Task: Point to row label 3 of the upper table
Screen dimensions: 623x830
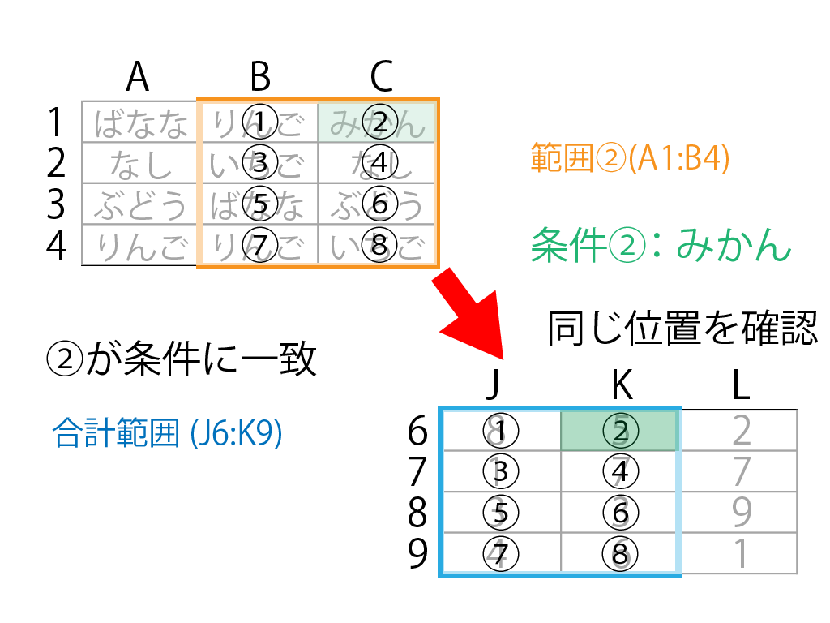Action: (55, 204)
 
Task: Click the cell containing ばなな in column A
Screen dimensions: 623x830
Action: (140, 122)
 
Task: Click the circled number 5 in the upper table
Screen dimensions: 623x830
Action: (259, 204)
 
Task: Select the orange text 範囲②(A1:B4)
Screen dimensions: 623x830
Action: (630, 158)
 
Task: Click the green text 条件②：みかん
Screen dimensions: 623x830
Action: (661, 243)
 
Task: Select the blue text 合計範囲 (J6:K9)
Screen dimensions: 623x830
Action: (166, 434)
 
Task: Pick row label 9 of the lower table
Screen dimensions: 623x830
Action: (417, 554)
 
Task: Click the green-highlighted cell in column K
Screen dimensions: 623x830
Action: (620, 431)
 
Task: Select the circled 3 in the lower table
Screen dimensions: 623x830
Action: (501, 471)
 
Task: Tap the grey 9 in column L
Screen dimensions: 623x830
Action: (740, 513)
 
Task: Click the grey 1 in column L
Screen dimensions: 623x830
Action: (740, 554)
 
